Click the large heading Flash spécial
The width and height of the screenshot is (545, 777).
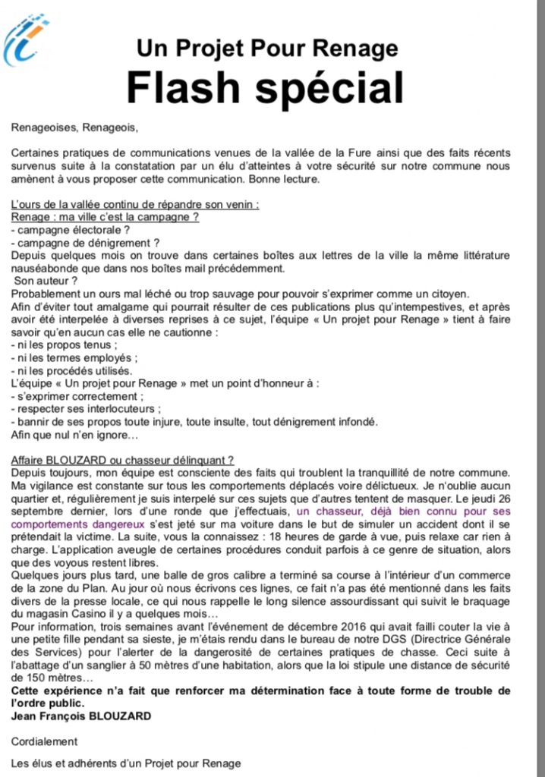click(265, 89)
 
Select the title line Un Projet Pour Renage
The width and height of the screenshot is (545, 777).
click(266, 49)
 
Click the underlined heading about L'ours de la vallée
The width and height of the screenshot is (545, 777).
click(135, 204)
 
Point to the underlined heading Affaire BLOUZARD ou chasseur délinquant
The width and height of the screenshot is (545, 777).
click(122, 461)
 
